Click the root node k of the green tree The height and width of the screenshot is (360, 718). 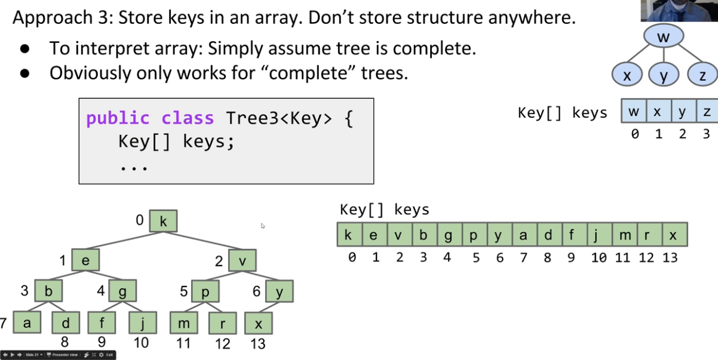(163, 221)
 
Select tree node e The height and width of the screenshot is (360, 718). (85, 260)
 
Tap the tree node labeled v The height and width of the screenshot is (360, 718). (243, 260)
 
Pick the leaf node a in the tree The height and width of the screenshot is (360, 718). (26, 323)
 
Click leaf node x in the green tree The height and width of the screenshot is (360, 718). (259, 324)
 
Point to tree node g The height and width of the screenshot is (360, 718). (122, 291)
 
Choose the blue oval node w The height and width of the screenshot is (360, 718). (663, 37)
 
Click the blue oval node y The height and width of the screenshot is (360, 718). (663, 76)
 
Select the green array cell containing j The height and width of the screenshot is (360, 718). (596, 235)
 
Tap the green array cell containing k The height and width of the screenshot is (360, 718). (348, 235)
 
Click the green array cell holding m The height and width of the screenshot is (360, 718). (625, 235)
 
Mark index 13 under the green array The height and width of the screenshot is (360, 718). (670, 257)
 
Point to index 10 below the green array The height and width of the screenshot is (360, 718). (599, 257)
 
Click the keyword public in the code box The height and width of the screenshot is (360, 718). (117, 118)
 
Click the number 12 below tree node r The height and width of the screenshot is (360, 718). (222, 343)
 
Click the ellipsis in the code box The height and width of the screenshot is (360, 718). (133, 168)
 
